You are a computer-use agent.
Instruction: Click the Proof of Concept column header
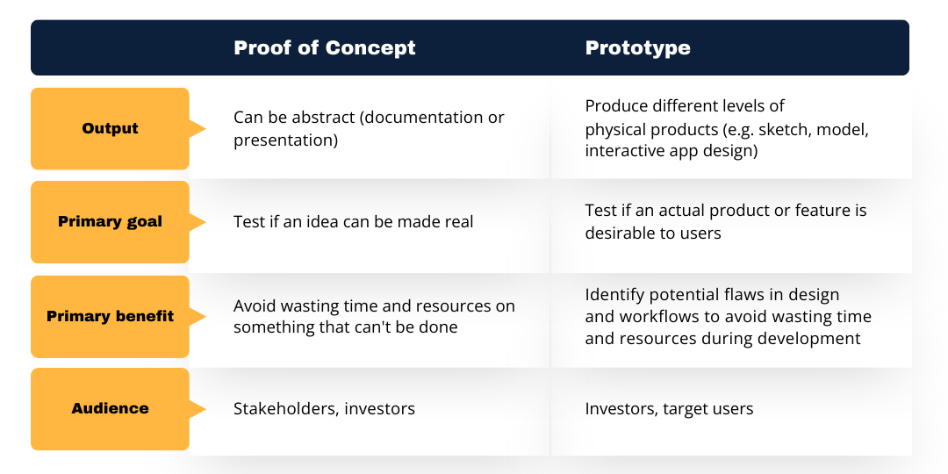click(325, 47)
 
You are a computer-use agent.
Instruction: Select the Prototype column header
click(637, 47)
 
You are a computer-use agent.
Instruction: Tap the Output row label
click(111, 128)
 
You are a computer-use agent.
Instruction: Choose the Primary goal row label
click(111, 221)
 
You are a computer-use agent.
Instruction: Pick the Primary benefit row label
click(111, 316)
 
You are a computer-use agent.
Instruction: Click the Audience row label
click(111, 408)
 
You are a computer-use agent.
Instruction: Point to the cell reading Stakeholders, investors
click(324, 408)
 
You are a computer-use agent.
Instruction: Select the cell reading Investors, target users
click(669, 408)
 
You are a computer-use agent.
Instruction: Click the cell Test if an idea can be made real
click(353, 222)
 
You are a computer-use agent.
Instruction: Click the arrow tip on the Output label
click(203, 129)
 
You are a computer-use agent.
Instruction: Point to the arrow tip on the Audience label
click(203, 409)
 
